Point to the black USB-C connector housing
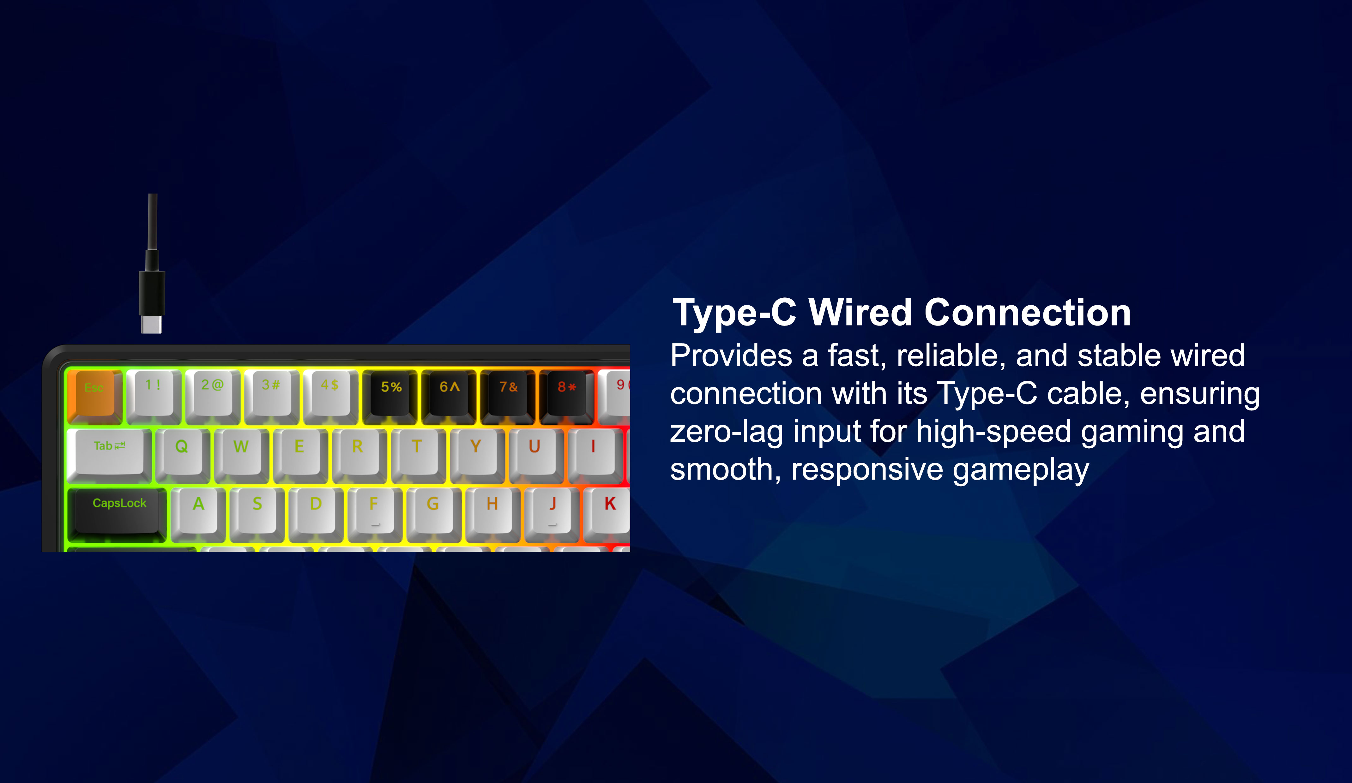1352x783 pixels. (152, 293)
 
